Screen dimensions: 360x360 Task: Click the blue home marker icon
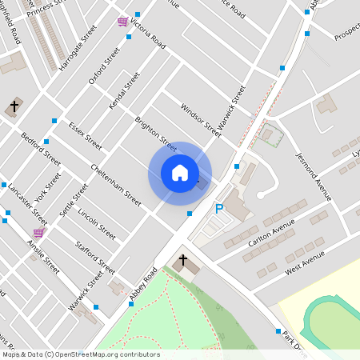click(180, 173)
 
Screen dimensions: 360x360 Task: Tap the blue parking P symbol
click(219, 210)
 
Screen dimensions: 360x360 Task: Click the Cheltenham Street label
click(116, 174)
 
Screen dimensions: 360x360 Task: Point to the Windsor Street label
click(200, 118)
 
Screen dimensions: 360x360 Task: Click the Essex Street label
click(85, 137)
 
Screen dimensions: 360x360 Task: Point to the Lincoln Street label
click(96, 225)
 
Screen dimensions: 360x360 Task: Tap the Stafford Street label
click(94, 258)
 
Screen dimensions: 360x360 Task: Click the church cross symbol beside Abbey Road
click(182, 261)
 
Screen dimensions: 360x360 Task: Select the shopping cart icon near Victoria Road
click(122, 22)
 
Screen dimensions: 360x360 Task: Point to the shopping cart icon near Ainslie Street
click(39, 232)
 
